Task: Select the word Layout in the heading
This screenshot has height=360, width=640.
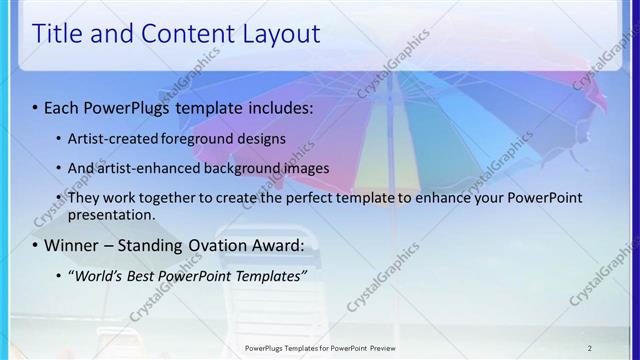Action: [x=279, y=34]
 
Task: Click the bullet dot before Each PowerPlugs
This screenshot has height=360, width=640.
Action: [x=36, y=105]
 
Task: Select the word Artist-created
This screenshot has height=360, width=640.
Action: [x=114, y=138]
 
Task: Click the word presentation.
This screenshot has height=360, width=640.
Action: [x=112, y=214]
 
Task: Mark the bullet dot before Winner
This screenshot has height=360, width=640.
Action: [x=36, y=245]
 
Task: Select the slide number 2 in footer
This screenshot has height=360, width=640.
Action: [x=589, y=348]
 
